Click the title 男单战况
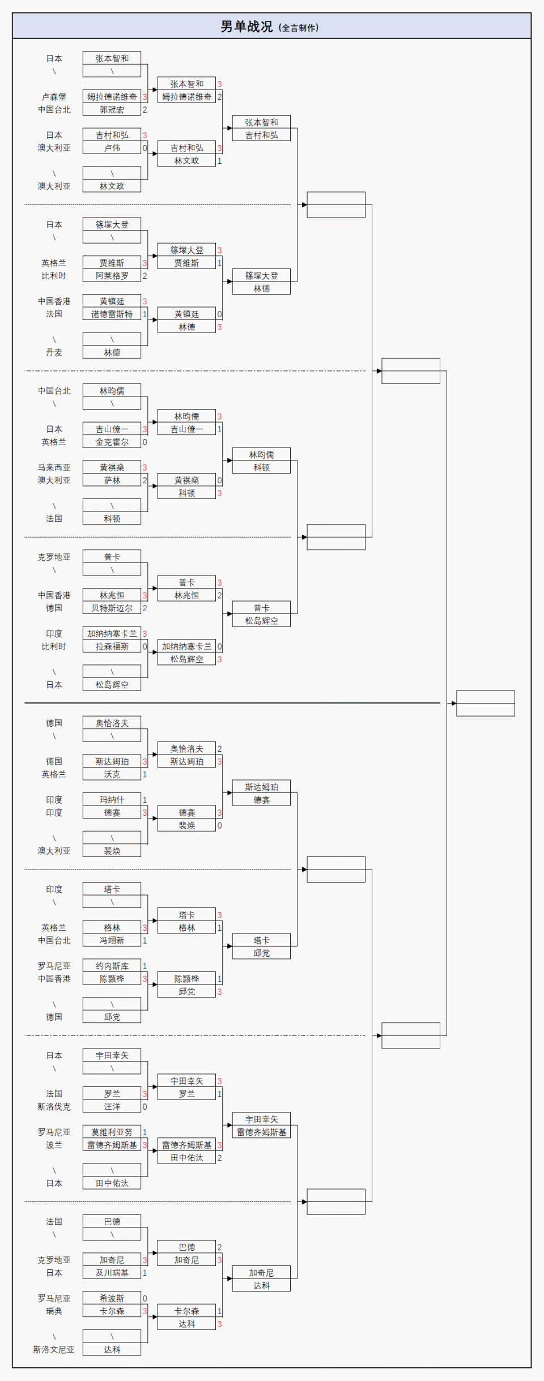pos(246,27)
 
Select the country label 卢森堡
pos(54,97)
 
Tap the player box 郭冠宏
pos(112,110)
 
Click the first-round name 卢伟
pos(112,148)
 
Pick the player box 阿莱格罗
pos(112,276)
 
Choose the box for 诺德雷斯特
pos(112,314)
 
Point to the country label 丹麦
pos(54,352)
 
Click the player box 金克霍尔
pos(112,442)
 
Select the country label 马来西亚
pos(54,467)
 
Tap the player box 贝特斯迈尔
pos(112,608)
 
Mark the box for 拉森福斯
pos(112,646)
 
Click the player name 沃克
pos(112,774)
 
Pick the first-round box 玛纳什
pos(112,800)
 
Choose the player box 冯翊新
pos(112,940)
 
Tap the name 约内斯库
pos(112,966)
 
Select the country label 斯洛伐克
pos(54,1106)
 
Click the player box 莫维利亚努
pos(112,1132)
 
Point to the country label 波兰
pos(54,1145)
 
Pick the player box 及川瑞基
pos(112,1273)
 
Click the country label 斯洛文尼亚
pos(54,1349)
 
